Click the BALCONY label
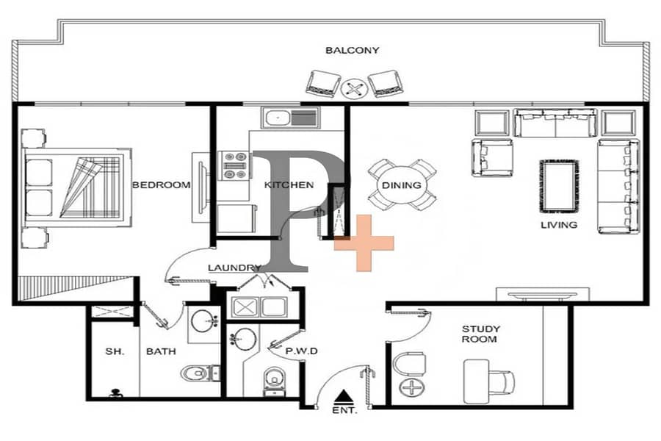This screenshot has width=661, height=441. coord(352,50)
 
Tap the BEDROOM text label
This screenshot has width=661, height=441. coord(161,184)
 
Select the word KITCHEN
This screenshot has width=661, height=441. coord(289,184)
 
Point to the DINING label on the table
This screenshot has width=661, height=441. coord(401,184)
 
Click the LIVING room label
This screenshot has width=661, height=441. coord(559,225)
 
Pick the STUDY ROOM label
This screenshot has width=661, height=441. coord(480,334)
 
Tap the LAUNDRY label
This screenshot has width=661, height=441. coord(234,268)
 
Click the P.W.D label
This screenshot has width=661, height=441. coord(301,351)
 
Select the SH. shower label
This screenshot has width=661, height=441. coord(115,351)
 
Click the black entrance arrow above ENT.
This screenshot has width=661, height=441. coord(345,396)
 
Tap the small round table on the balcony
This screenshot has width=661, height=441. coord(354,89)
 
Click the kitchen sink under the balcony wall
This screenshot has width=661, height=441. coord(290,118)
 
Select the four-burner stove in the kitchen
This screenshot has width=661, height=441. coord(234,165)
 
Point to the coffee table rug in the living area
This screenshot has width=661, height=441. coord(559,186)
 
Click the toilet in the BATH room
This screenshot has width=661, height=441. coord(201,373)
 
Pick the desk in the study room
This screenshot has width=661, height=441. coord(477,381)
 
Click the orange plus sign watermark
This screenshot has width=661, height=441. coord(364,243)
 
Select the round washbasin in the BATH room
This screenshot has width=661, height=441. coord(204,322)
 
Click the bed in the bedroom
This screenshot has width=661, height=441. coord(78,187)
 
